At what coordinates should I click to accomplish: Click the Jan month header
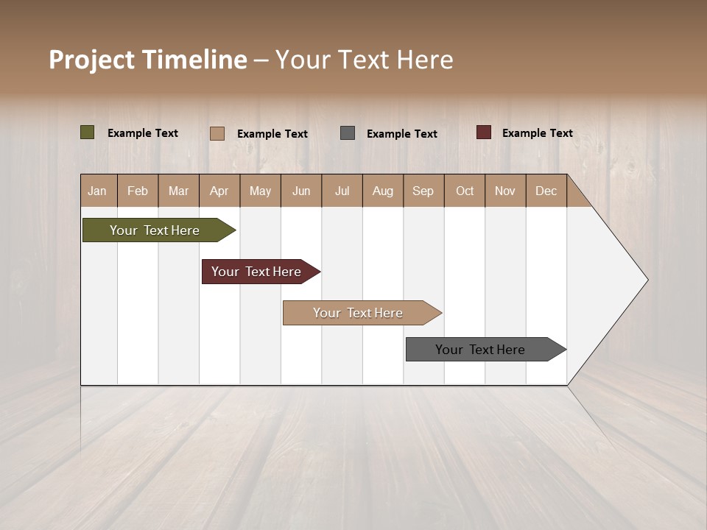[97, 191]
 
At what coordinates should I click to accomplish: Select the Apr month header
[219, 191]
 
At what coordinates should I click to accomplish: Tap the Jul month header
[342, 191]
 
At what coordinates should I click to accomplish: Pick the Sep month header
[423, 191]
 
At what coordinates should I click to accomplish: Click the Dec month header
[546, 191]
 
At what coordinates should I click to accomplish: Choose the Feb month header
[138, 191]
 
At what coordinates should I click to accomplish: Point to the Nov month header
[505, 191]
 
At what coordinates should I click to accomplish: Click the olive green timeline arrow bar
[155, 230]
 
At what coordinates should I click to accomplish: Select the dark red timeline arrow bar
[256, 272]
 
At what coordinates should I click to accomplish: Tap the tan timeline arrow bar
[358, 313]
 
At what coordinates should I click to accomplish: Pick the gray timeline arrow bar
[480, 350]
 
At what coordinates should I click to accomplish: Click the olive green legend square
[87, 132]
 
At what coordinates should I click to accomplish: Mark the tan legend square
[217, 133]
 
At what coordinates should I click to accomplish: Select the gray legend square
[348, 133]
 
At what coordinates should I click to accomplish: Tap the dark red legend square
[483, 132]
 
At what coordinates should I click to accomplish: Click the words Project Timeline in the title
[148, 60]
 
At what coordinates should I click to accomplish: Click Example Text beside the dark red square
[537, 133]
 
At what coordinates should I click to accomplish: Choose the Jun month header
[301, 191]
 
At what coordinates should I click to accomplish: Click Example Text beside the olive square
[143, 133]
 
